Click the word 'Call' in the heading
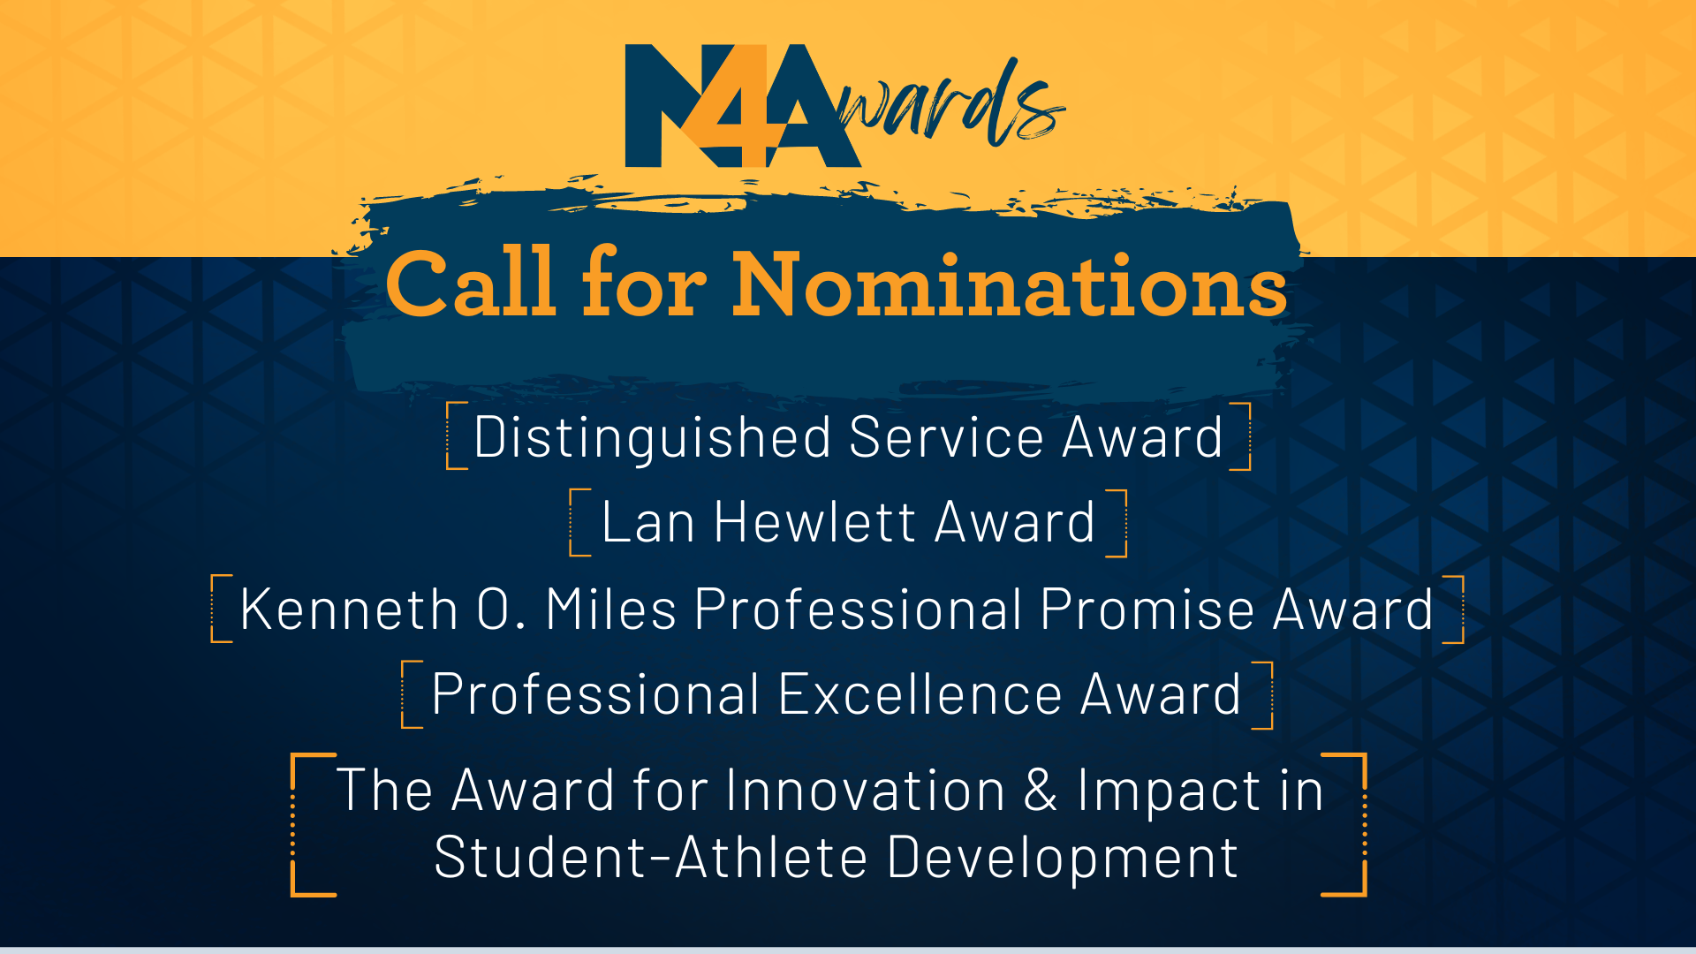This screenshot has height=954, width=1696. [x=471, y=284]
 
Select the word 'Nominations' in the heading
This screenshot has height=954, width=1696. [x=1010, y=284]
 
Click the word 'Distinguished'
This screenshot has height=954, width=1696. [x=652, y=438]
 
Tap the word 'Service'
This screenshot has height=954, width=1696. [x=946, y=437]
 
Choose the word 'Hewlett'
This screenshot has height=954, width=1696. [x=815, y=522]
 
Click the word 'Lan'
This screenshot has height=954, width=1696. [x=647, y=522]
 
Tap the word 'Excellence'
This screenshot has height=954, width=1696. [x=920, y=694]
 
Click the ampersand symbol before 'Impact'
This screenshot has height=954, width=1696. [x=1041, y=790]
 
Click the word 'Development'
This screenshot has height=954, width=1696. [x=1062, y=858]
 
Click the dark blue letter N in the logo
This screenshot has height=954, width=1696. [x=658, y=106]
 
